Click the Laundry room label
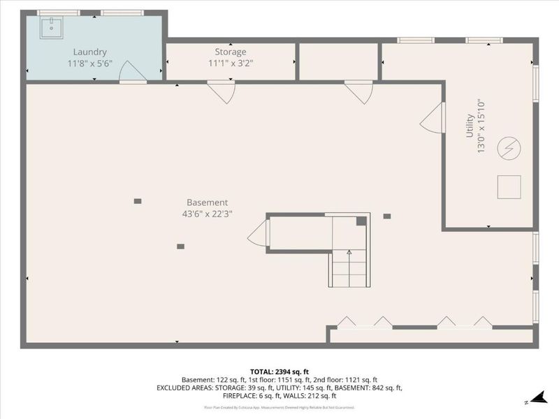point(90,52)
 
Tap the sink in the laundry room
point(51,29)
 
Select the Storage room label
point(230,52)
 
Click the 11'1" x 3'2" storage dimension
point(230,63)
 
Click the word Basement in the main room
point(207,203)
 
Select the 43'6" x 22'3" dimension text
point(207,214)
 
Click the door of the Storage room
point(221,92)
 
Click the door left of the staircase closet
point(257,233)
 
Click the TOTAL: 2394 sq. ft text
point(279,371)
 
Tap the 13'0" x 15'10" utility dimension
point(481,126)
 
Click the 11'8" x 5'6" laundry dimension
point(90,63)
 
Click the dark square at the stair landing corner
point(361,221)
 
